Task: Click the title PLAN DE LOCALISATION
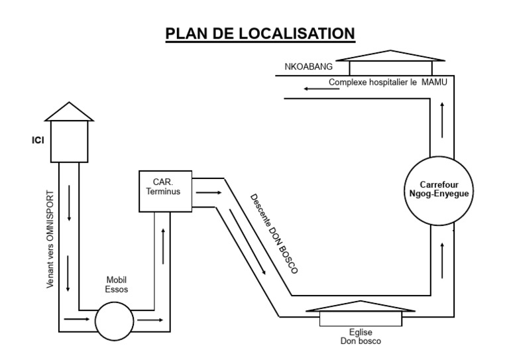click(260, 33)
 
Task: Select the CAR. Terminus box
click(165, 191)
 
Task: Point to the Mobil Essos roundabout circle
click(114, 322)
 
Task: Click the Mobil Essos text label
click(116, 284)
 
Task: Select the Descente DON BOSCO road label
click(273, 233)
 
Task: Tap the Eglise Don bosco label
click(361, 336)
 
